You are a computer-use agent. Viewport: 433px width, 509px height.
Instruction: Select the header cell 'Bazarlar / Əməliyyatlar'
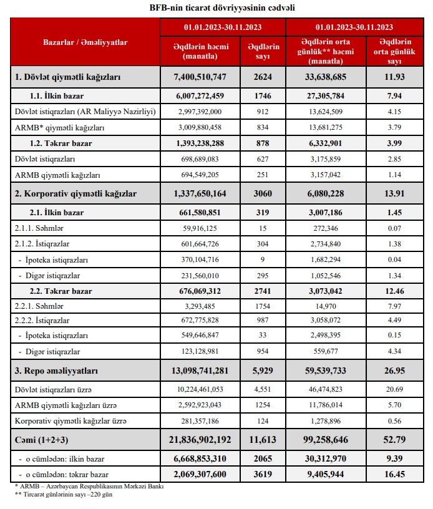pyautogui.click(x=85, y=42)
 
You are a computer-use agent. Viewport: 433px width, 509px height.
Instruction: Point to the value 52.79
pyautogui.click(x=394, y=440)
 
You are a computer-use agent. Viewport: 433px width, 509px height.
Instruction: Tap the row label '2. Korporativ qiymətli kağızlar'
pyautogui.click(x=76, y=194)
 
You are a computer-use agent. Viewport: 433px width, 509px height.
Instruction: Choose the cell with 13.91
pyautogui.click(x=394, y=194)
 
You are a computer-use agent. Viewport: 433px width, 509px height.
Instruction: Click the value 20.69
pyautogui.click(x=394, y=389)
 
